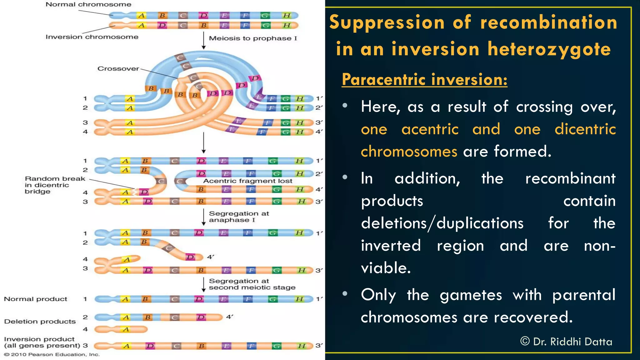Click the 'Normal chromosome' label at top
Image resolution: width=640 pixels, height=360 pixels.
(x=88, y=4)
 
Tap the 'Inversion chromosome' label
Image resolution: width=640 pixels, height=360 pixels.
(x=92, y=37)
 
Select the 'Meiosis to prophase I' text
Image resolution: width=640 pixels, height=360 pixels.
(x=253, y=38)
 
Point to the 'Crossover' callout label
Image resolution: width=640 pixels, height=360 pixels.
(x=118, y=68)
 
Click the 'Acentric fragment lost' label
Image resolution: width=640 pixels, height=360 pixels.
(x=247, y=181)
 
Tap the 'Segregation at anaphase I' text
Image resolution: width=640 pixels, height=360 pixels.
(x=239, y=217)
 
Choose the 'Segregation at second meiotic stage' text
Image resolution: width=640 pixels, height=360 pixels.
(x=252, y=284)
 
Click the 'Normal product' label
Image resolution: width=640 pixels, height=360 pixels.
(x=35, y=299)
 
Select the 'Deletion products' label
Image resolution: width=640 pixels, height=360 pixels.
(x=40, y=322)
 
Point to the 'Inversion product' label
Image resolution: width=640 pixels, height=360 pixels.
(x=39, y=339)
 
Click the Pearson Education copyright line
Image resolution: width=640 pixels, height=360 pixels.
(x=52, y=354)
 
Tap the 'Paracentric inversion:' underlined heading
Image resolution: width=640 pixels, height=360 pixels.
(x=424, y=79)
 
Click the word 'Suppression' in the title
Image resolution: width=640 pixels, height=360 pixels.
(x=387, y=22)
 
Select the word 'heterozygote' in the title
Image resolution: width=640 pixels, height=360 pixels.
(x=549, y=49)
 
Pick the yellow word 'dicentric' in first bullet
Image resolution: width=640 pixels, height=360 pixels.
(x=585, y=129)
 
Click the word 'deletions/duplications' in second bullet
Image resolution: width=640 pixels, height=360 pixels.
(x=442, y=223)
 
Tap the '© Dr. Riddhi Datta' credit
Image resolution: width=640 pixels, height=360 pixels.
(x=566, y=342)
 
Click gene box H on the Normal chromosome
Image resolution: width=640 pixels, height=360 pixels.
(x=287, y=15)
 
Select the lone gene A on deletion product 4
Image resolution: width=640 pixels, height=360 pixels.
(x=126, y=329)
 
